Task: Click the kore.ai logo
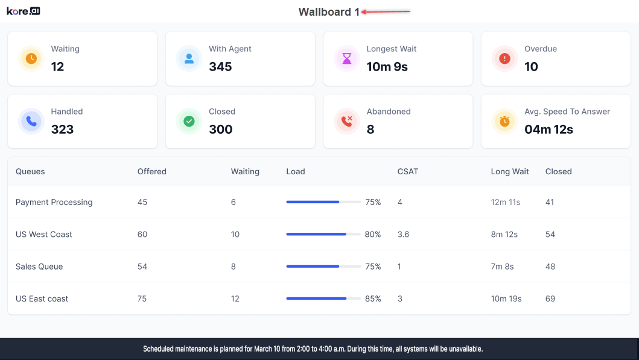click(x=24, y=11)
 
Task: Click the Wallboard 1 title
click(x=329, y=12)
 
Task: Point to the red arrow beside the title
click(x=386, y=11)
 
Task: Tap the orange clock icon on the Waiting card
click(x=31, y=58)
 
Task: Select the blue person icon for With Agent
click(x=189, y=58)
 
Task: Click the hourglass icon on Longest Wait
click(x=347, y=58)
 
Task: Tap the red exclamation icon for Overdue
click(x=504, y=58)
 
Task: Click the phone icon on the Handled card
click(x=31, y=121)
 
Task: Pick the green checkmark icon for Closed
click(x=189, y=121)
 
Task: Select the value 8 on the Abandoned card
click(x=370, y=129)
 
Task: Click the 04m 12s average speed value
click(x=548, y=129)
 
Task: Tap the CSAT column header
click(x=408, y=171)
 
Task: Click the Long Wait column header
click(x=510, y=171)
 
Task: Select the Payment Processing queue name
click(x=54, y=202)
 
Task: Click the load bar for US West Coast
click(x=323, y=234)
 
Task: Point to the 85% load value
click(x=373, y=298)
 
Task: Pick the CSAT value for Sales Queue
click(x=400, y=267)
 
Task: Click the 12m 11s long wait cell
click(x=506, y=202)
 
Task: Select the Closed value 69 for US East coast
click(x=550, y=298)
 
